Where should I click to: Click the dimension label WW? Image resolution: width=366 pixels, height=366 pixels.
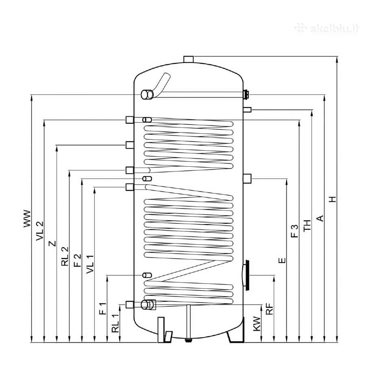[x=27, y=219]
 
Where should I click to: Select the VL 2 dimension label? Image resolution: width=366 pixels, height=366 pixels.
[x=40, y=231]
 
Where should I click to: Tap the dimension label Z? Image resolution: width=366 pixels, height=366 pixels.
[x=52, y=244]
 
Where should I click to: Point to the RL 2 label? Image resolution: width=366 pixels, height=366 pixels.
[x=65, y=256]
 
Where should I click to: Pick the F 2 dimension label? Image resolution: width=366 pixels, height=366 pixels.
[x=78, y=261]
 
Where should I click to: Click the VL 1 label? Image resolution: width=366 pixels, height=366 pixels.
[x=90, y=264]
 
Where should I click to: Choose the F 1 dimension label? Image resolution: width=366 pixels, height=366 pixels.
[x=103, y=309]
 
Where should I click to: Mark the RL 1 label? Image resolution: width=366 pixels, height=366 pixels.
[x=115, y=323]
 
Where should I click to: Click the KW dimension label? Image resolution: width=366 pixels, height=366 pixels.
[x=257, y=324]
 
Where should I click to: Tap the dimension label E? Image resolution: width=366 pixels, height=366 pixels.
[x=282, y=260]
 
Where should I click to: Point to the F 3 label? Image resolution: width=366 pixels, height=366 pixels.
[x=295, y=231]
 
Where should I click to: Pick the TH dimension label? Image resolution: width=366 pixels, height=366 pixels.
[x=307, y=225]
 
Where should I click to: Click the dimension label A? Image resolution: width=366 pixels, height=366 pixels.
[x=320, y=218]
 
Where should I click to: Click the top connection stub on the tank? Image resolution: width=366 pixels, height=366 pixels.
[x=189, y=59]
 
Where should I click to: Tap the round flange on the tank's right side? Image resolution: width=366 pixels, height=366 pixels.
[x=246, y=275]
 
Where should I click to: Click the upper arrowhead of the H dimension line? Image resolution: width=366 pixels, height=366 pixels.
[x=337, y=59]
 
